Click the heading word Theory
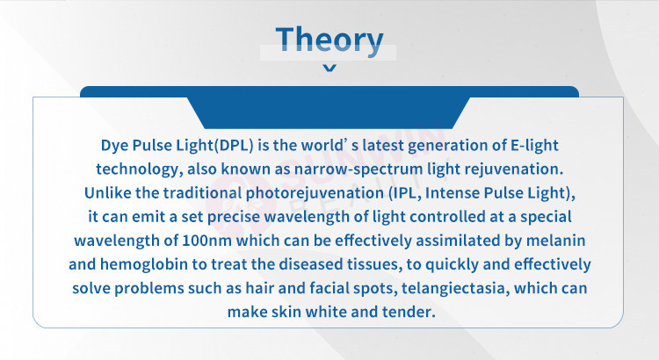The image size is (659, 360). [x=329, y=40]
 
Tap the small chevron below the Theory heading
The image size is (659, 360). [x=329, y=68]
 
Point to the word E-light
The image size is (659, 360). [x=534, y=145]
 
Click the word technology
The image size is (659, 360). [x=139, y=169]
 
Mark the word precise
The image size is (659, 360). [x=233, y=217]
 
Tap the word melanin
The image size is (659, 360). [x=555, y=241]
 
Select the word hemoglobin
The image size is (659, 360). [x=144, y=264]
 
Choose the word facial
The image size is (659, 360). [x=329, y=288]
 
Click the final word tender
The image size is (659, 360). [x=409, y=312]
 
